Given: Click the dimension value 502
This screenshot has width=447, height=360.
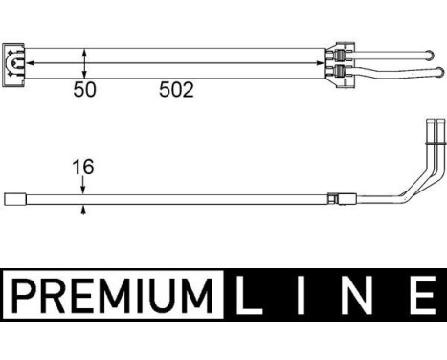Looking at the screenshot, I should tap(176, 90).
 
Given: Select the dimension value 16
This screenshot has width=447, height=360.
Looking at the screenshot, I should tap(85, 169).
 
